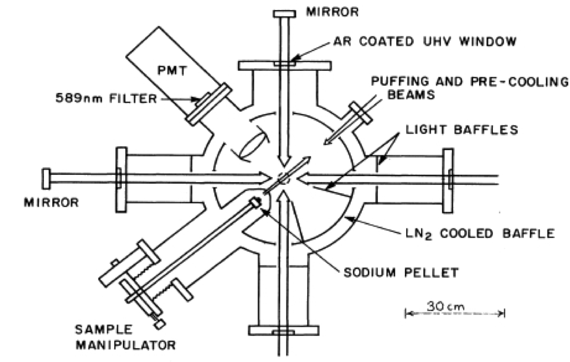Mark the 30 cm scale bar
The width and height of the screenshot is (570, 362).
(x=454, y=310)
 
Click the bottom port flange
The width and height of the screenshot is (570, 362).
(x=283, y=330)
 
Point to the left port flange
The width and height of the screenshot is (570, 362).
(x=121, y=179)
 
